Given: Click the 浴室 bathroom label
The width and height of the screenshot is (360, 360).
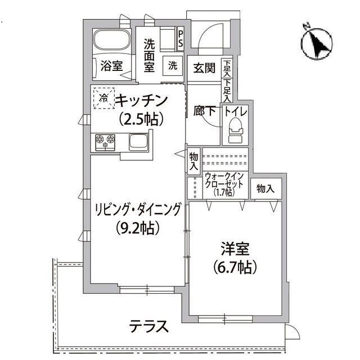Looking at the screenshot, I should coord(111,66).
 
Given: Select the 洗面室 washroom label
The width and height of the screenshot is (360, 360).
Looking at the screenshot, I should coord(148,55).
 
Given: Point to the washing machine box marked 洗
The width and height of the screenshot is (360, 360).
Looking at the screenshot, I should coord(173,65).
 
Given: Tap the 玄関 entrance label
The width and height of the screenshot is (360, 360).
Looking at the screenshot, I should coord(204,68).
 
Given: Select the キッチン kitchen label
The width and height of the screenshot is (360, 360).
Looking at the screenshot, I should coord(142,101).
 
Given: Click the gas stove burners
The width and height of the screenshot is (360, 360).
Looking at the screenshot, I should coord(105,141).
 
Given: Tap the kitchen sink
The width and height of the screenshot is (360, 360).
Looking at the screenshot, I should coord(138,141).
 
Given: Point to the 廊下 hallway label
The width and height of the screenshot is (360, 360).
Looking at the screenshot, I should coord(205,111).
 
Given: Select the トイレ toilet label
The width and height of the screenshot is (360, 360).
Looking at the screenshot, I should coord(235,111).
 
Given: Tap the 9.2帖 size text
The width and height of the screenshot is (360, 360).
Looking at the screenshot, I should coord(137,228).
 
